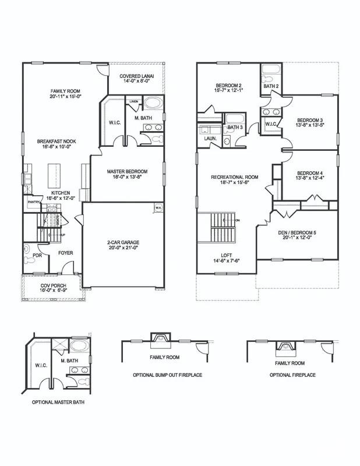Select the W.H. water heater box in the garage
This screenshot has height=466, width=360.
157,207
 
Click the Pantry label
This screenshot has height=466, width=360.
33,202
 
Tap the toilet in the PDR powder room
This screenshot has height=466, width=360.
27,249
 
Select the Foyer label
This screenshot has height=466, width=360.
65,253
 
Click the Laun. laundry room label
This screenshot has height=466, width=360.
210,138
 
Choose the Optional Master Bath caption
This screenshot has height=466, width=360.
56,402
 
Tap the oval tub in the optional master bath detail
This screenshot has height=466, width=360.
79,345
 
